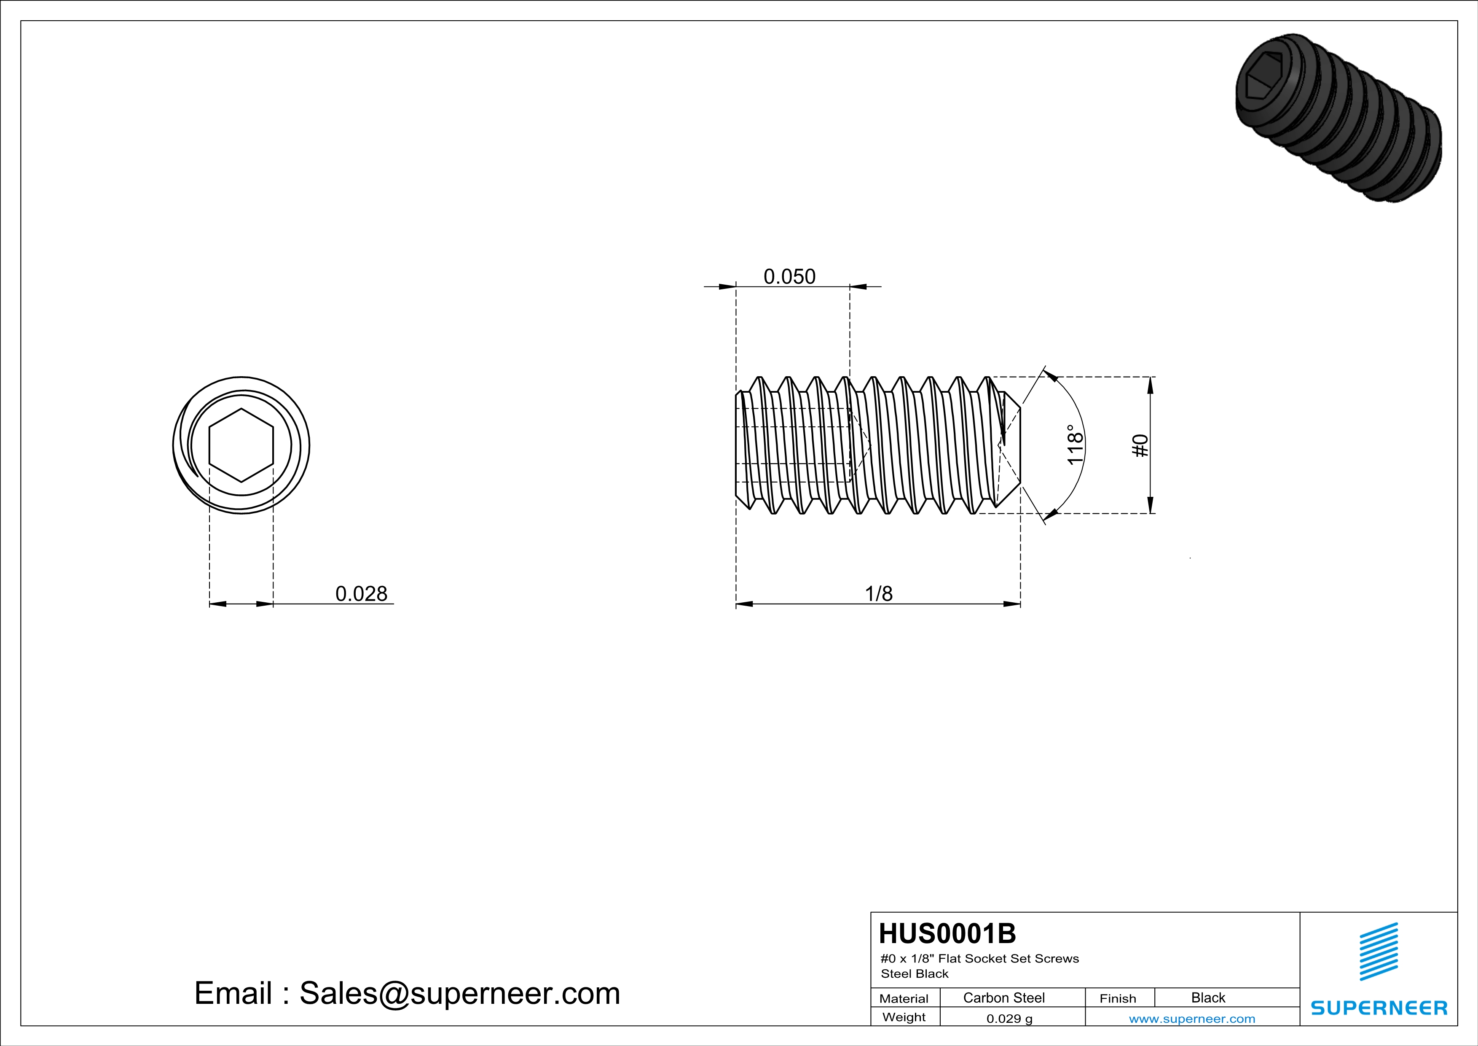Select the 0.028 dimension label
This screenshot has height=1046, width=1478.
click(x=361, y=593)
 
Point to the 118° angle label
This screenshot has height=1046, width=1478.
click(x=1074, y=445)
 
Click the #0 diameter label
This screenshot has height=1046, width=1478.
click(x=1140, y=445)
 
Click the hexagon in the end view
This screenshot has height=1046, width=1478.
click(x=241, y=445)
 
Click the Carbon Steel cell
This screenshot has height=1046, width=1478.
click(x=1003, y=997)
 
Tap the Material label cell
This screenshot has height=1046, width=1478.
click(x=904, y=998)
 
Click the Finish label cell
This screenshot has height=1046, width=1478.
click(x=1118, y=998)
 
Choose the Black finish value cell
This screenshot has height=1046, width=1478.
click(x=1207, y=997)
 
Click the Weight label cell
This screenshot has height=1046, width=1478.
click(x=904, y=1017)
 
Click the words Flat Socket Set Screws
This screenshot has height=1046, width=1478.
click(x=1008, y=958)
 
